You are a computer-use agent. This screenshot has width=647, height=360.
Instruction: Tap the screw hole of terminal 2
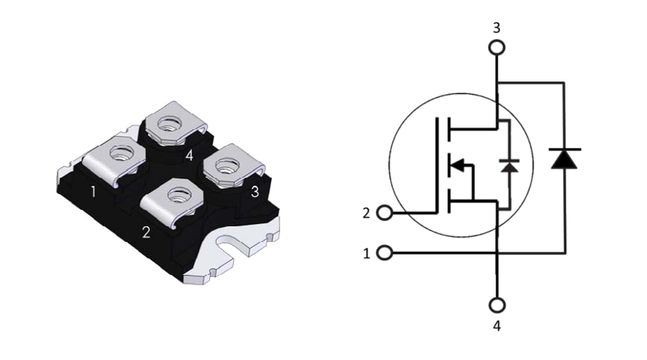177,196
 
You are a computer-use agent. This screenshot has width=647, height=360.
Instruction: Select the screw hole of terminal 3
227,161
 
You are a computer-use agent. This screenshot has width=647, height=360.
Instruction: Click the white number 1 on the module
93,192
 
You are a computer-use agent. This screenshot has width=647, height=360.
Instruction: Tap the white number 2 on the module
146,232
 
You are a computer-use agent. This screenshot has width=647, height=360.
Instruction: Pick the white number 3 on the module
255,191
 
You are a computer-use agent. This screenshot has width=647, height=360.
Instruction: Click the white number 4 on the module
189,156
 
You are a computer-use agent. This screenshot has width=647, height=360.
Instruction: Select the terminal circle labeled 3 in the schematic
496,48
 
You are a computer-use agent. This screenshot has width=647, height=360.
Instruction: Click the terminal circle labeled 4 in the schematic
496,305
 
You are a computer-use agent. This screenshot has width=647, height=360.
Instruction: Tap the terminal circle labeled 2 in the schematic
385,213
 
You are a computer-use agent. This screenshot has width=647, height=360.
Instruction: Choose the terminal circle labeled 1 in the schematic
385,253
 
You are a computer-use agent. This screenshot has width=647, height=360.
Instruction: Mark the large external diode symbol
564,158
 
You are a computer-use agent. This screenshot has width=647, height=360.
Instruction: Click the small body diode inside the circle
510,165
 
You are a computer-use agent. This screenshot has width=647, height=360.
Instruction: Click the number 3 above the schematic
496,28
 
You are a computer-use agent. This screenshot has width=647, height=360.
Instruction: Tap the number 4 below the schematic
496,326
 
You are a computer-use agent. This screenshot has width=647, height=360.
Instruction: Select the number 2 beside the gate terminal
366,213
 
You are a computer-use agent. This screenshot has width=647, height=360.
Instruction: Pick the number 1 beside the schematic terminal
366,253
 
